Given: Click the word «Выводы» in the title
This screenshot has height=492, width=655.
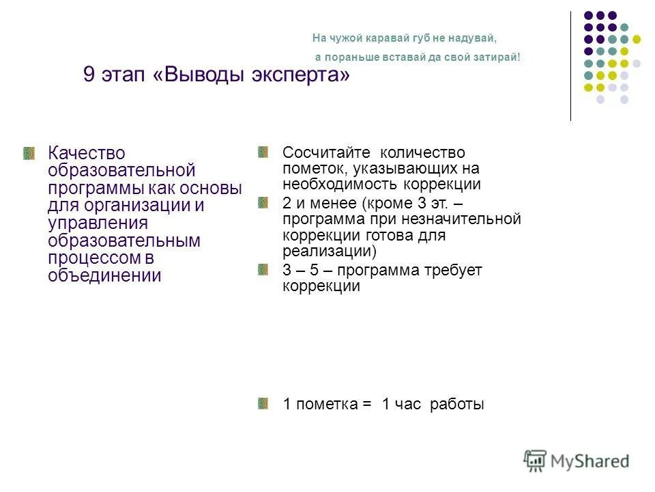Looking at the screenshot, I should [x=204, y=74].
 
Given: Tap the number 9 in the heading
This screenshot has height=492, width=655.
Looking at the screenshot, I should [x=89, y=74].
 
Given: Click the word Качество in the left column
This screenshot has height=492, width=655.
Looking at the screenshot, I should [x=87, y=153].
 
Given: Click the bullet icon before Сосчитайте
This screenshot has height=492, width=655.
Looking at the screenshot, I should [x=263, y=152].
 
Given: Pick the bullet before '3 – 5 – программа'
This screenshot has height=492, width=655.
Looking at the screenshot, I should [x=263, y=270].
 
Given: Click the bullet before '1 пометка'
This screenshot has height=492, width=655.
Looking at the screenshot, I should [x=263, y=404].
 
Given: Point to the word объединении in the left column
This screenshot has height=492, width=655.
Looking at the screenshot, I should [x=104, y=276].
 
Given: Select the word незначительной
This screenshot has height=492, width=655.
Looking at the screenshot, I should [x=469, y=219].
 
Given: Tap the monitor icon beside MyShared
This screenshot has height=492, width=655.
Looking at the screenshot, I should [x=536, y=460].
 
